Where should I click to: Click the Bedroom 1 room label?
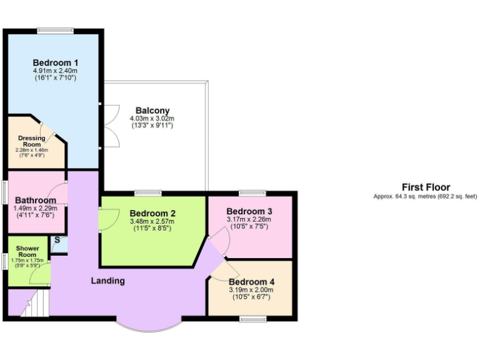click(x=56, y=62)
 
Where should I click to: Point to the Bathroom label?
click(x=36, y=200)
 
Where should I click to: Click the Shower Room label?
click(x=27, y=251)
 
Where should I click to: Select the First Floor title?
click(x=426, y=187)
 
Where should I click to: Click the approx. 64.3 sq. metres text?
click(x=426, y=196)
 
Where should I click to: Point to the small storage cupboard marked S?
click(x=57, y=240)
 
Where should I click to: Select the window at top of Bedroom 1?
click(x=55, y=31)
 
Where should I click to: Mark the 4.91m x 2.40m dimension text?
click(x=56, y=71)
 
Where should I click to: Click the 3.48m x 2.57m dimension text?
click(x=152, y=221)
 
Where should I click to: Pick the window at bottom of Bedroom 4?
click(x=253, y=319)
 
